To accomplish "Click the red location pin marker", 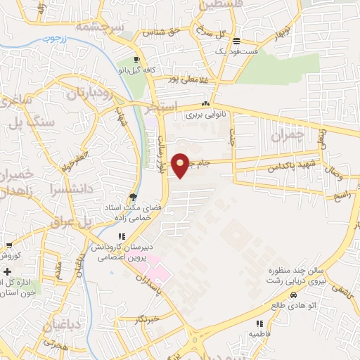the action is pos(180,165).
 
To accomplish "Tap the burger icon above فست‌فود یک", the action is pos(237,40).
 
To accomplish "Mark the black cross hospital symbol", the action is pos(8,271).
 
